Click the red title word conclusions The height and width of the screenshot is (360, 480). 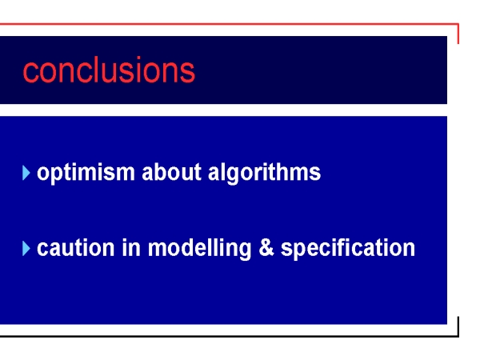109,70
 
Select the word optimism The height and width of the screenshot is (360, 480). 86,174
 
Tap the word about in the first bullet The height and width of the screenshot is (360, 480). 171,172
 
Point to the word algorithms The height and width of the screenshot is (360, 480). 265,174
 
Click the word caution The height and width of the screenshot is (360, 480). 76,247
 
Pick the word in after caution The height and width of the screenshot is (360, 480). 131,247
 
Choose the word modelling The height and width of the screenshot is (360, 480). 199,249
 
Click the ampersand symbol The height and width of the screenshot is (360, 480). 266,247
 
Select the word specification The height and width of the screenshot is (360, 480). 348,249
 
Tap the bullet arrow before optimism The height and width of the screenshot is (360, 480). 26,173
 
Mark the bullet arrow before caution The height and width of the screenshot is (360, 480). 26,248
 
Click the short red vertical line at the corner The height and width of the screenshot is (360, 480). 458,34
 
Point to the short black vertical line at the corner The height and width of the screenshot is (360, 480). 458,326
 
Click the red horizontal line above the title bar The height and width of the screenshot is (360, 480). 229,23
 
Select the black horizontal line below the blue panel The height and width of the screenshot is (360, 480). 229,337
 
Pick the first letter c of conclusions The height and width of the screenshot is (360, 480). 30,73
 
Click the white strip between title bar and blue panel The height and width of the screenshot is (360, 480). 223,110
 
